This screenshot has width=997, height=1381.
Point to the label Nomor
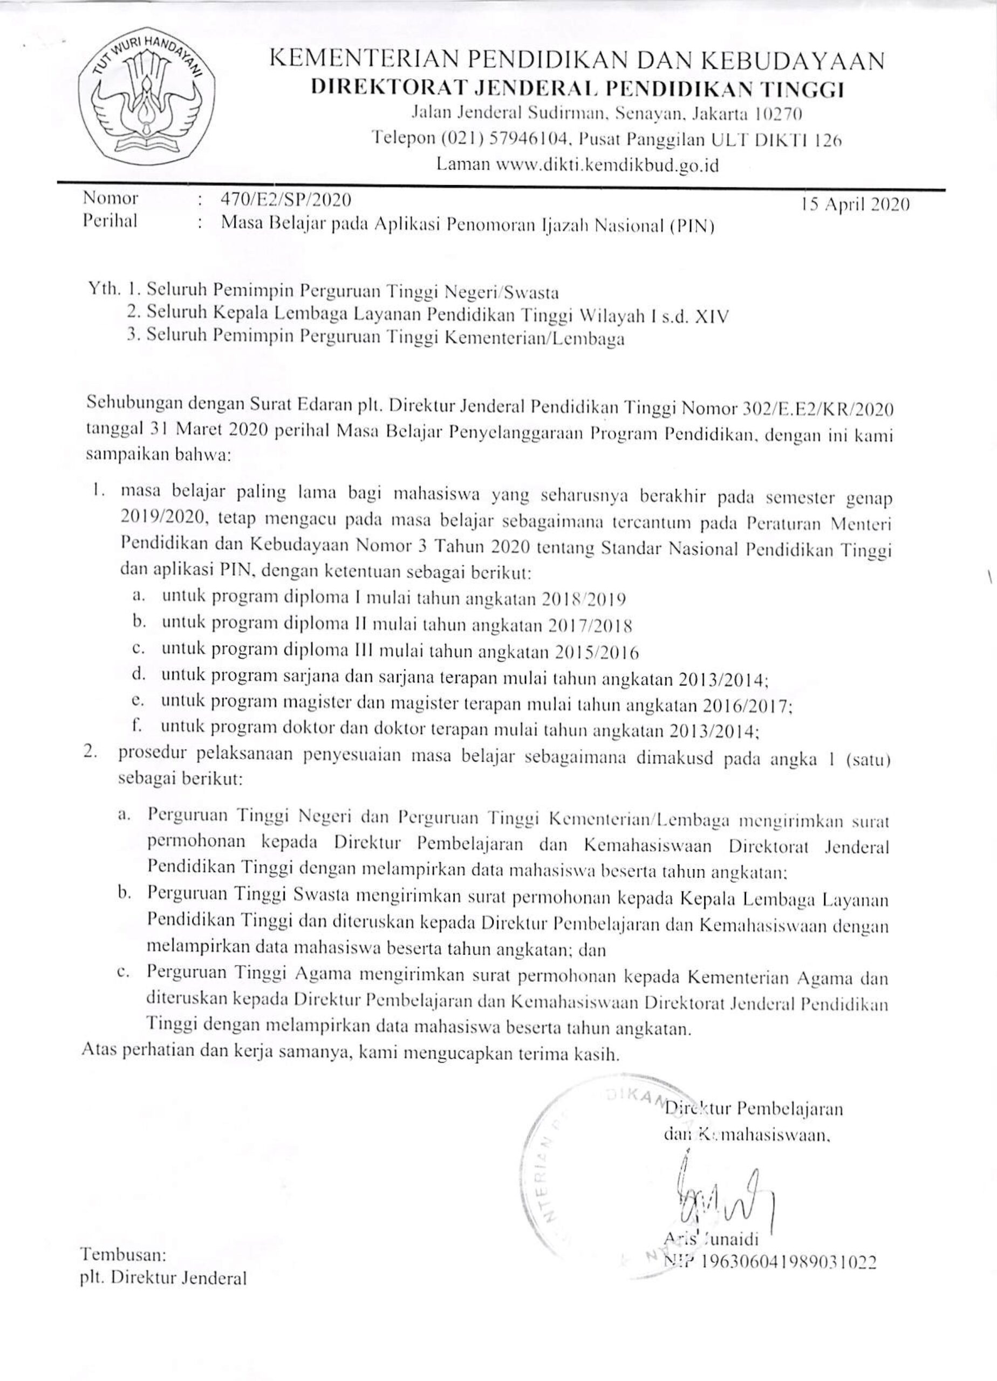[110, 199]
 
